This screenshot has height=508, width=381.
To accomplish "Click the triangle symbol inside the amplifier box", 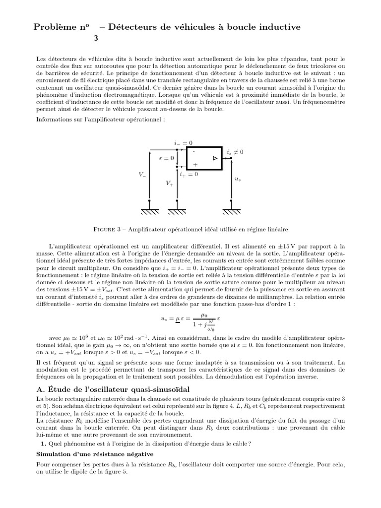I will pos(214,158).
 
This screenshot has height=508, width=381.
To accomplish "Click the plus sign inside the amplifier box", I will pos(194,164).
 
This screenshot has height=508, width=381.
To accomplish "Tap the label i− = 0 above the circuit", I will pos(183,143).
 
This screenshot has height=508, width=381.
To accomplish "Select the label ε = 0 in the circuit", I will pos(166,158).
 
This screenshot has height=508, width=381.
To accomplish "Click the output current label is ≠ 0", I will pos(235,152).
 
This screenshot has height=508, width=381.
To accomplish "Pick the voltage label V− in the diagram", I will pos(142,175).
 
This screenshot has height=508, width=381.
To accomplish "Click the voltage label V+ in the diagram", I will pos(170,183).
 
